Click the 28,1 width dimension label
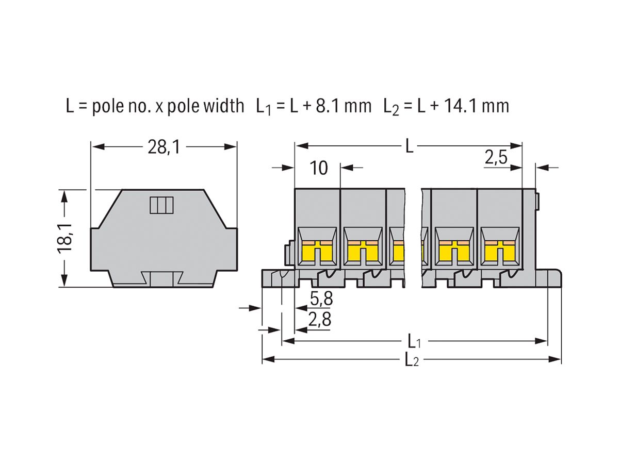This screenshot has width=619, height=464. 164,148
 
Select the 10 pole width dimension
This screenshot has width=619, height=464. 320,168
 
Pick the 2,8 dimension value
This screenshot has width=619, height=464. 320,320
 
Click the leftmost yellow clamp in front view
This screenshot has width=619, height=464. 317,251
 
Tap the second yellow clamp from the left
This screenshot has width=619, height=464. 364,251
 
